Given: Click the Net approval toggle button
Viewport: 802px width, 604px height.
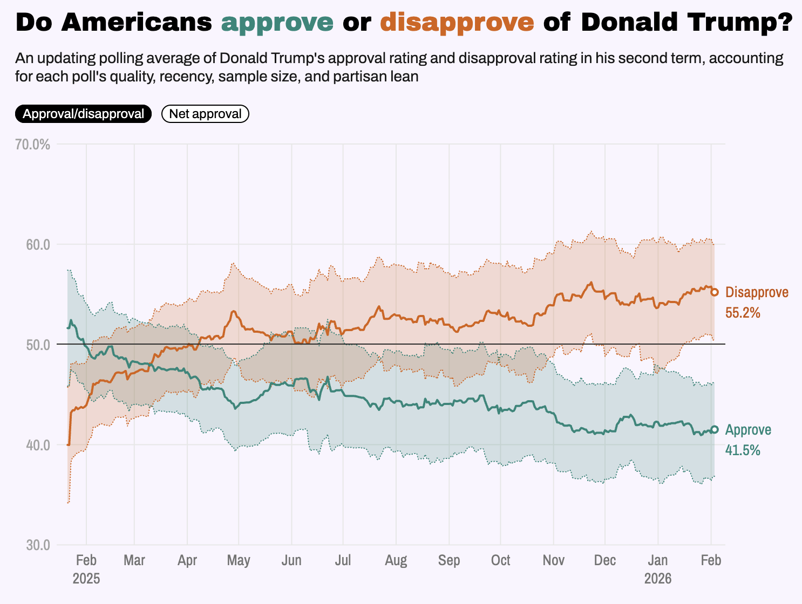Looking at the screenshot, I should pyautogui.click(x=205, y=114).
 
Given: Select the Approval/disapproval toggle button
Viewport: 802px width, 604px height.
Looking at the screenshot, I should pyautogui.click(x=84, y=114).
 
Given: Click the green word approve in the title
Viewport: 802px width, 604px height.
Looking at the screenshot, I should pyautogui.click(x=277, y=23).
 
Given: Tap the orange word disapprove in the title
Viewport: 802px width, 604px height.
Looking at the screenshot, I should pyautogui.click(x=457, y=23).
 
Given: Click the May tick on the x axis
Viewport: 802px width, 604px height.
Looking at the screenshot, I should pyautogui.click(x=239, y=560).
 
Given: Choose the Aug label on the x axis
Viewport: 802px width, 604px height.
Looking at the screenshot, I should pyautogui.click(x=396, y=560).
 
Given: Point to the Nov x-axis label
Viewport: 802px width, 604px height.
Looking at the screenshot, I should pyautogui.click(x=554, y=560).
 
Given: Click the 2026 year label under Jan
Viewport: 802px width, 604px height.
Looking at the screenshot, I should pyautogui.click(x=658, y=579).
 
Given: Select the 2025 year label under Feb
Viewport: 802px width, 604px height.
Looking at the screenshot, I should pyautogui.click(x=86, y=579).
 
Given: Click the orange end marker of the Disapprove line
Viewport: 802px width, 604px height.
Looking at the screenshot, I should pyautogui.click(x=715, y=292).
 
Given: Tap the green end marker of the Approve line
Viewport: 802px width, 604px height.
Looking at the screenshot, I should pyautogui.click(x=715, y=429).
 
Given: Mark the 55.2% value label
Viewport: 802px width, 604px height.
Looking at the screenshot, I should pyautogui.click(x=743, y=312).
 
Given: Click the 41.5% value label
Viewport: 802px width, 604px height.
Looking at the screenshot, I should pyautogui.click(x=743, y=450).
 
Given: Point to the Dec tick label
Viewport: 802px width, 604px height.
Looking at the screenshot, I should pyautogui.click(x=605, y=560).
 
